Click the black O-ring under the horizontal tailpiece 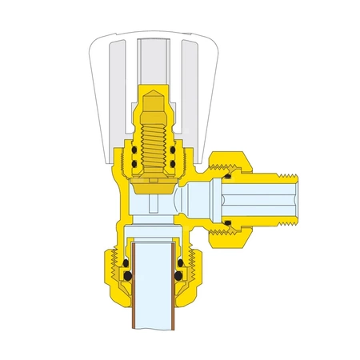tap(229, 222)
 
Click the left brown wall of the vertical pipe tap(131, 288)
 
